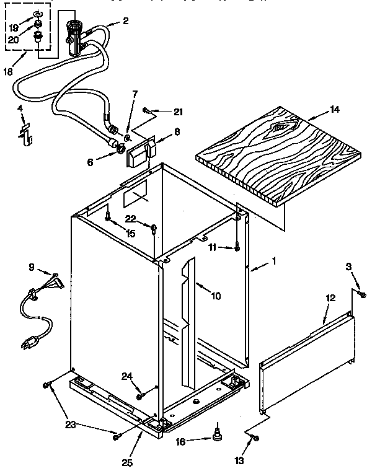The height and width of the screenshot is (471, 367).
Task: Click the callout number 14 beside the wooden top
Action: click(334, 110)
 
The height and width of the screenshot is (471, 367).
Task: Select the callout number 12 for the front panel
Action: click(330, 299)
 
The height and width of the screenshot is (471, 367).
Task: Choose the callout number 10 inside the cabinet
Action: click(215, 296)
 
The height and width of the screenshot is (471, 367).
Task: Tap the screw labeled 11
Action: click(237, 249)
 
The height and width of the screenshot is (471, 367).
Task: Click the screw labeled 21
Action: click(146, 110)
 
